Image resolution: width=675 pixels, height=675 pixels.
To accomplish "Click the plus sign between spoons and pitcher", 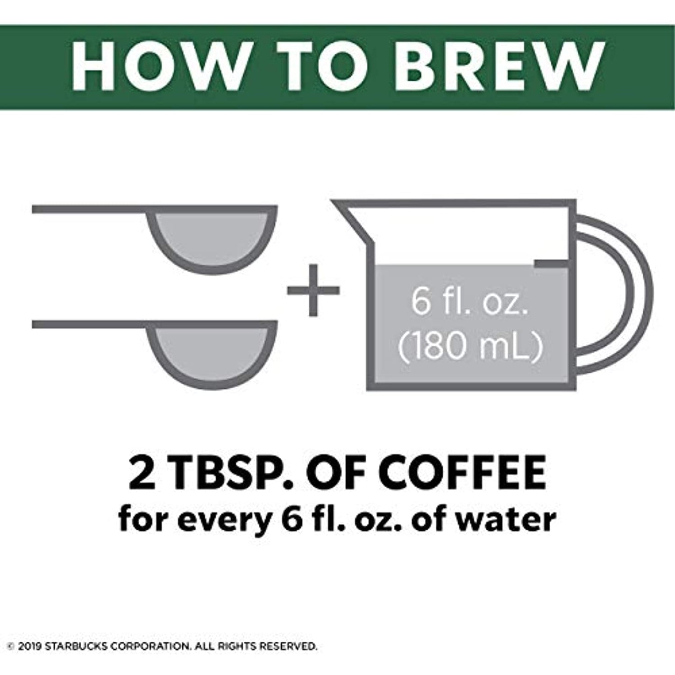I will point(313,291).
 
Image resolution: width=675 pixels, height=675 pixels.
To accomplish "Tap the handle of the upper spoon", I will point(89,209).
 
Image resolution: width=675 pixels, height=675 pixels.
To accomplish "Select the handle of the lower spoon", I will point(89,324).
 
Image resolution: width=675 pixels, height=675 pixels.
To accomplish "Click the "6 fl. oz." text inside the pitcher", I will point(469,302).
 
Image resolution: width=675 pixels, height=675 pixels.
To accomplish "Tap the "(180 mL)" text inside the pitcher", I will point(469,347).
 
